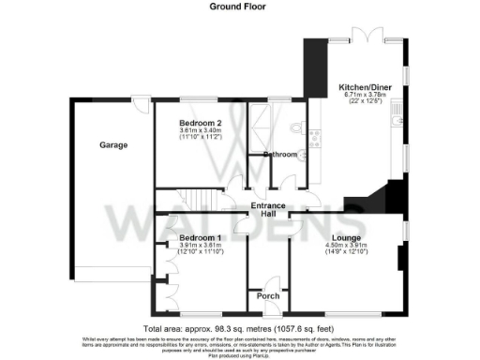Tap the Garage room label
pyautogui.click(x=113, y=145)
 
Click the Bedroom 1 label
pyautogui.click(x=200, y=238)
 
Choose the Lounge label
pyautogui.click(x=345, y=239)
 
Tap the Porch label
pyautogui.click(x=266, y=296)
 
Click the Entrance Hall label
pyautogui.click(x=268, y=210)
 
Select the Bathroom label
pyautogui.click(x=280, y=154)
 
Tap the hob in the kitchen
pyautogui.click(x=315, y=139)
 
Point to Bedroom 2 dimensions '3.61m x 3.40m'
pyautogui.click(x=201, y=131)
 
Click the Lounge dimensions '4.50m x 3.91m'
pyautogui.click(x=345, y=247)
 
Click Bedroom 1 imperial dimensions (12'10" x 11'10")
pyautogui.click(x=201, y=252)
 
